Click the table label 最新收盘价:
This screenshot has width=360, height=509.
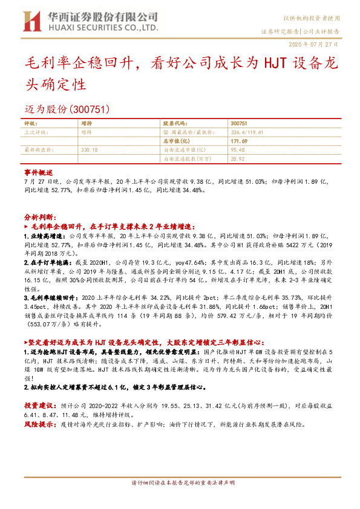[36, 148]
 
